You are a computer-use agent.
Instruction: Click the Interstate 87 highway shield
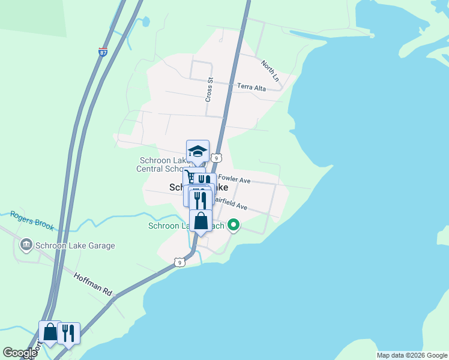click(x=103, y=52)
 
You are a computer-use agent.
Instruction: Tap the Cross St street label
click(x=209, y=89)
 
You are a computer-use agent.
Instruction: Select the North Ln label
click(x=270, y=70)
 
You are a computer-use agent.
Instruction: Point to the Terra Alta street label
click(x=251, y=87)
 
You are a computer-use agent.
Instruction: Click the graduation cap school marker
click(x=197, y=151)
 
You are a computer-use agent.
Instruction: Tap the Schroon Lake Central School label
click(x=170, y=164)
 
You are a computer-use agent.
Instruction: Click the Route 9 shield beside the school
click(x=217, y=158)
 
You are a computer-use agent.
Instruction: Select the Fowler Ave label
click(x=234, y=178)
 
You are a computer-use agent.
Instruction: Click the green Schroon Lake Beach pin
click(x=233, y=226)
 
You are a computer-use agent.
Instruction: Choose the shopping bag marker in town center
click(x=200, y=221)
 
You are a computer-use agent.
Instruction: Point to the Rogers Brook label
click(x=32, y=220)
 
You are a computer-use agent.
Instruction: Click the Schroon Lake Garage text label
click(x=74, y=245)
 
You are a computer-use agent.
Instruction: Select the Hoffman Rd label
click(x=93, y=284)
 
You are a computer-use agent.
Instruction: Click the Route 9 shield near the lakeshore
click(x=179, y=262)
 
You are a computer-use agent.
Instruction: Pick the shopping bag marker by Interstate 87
click(x=50, y=331)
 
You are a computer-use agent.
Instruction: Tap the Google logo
click(x=20, y=353)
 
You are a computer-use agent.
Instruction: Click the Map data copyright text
click(x=412, y=355)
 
